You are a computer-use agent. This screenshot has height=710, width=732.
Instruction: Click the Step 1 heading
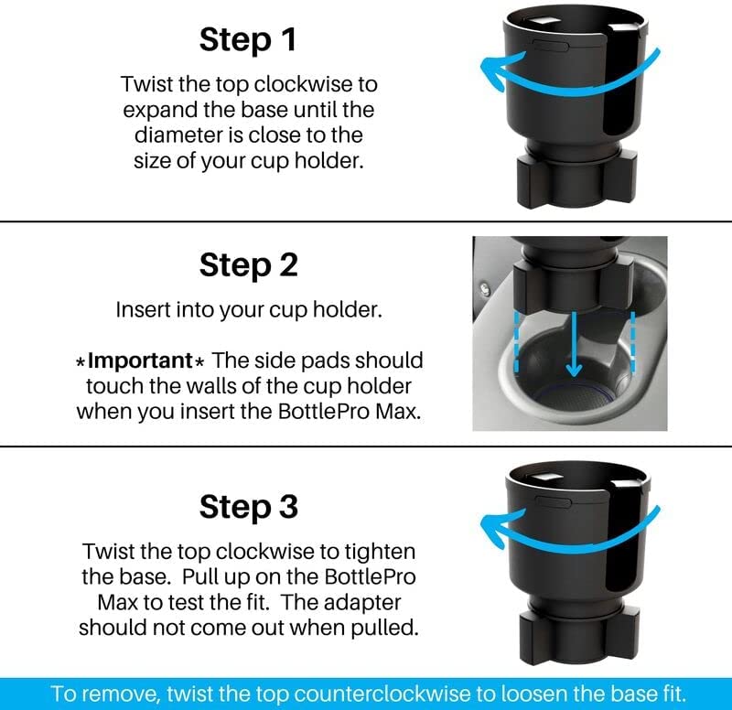point(248,39)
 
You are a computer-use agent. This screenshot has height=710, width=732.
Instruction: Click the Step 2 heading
point(248,265)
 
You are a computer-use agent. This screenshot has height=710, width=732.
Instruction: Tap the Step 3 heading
point(248,507)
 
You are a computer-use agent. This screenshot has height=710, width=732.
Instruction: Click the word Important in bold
point(140,360)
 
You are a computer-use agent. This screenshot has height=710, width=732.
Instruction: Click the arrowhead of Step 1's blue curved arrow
point(497,70)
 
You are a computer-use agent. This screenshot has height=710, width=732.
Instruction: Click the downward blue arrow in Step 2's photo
point(574,344)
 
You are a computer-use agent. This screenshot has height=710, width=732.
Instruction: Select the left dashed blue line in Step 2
point(516,342)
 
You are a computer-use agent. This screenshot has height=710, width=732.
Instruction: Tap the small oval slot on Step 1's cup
point(551,45)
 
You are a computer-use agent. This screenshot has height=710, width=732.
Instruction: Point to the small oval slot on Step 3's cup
point(554,502)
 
